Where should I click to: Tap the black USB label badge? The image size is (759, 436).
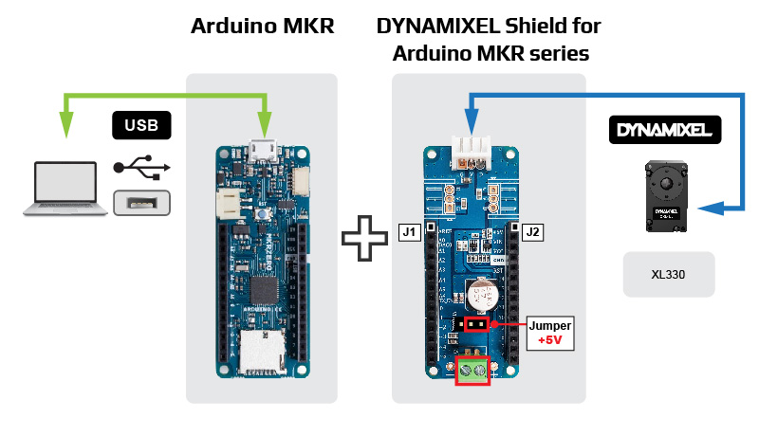tap(142, 125)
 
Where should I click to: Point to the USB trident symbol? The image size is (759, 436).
tap(141, 167)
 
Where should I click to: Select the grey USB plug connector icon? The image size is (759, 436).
tap(141, 202)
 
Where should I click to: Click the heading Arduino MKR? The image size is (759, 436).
tap(263, 27)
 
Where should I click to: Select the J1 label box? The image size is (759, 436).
tap(410, 231)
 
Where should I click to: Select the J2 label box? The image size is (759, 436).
tap(532, 231)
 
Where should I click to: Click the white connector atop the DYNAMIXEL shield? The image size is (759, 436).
tap(471, 149)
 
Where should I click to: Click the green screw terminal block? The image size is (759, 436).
tap(472, 371)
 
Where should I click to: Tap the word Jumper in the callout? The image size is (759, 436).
tap(550, 325)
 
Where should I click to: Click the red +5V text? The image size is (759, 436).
tap(550, 340)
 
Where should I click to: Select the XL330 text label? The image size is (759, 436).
tap(668, 275)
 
